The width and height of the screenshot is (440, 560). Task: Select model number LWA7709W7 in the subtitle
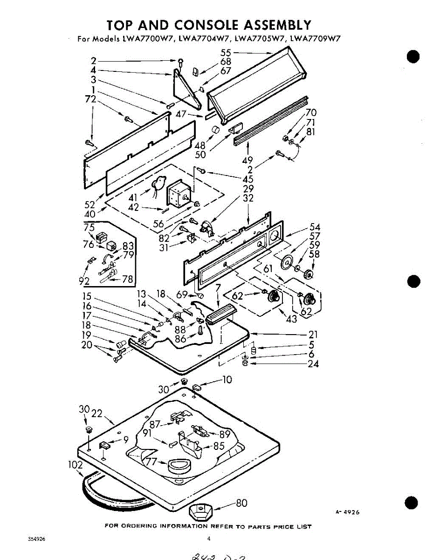(316, 39)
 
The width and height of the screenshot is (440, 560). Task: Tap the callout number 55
(226, 53)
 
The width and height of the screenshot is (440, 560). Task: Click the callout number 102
(76, 465)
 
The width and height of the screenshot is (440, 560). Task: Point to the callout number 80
(241, 503)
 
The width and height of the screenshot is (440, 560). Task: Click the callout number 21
(313, 334)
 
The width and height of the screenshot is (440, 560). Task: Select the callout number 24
(313, 364)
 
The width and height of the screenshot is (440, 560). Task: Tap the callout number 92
(84, 281)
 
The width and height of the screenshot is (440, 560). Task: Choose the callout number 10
(227, 380)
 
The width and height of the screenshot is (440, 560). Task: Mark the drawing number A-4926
(347, 512)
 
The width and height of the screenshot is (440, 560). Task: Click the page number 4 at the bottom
(209, 539)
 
